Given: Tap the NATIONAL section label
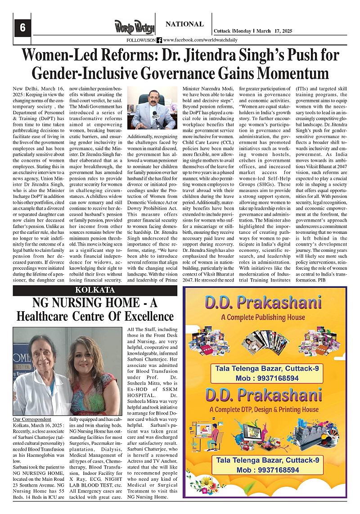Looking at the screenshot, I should click(x=184, y=24).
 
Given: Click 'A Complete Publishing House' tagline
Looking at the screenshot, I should click(x=263, y=317).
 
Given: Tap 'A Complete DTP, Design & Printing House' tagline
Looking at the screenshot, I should click(x=264, y=410).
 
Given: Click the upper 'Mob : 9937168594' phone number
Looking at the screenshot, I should click(x=267, y=378).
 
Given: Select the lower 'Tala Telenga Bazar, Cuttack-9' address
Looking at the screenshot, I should click(x=267, y=460).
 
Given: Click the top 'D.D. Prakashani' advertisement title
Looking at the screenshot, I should click(x=263, y=303).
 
